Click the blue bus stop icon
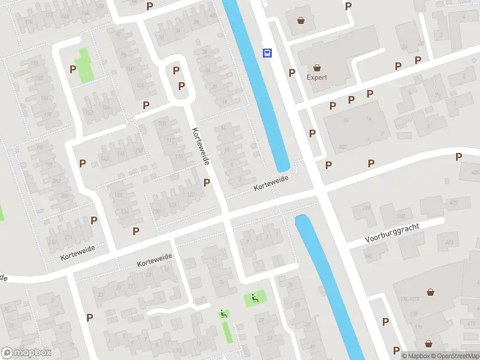point(267,53)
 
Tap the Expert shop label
point(317,77)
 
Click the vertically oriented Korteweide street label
point(200,146)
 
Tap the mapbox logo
point(26,353)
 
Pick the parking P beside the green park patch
point(73,69)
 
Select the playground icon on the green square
point(254,298)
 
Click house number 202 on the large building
point(343,146)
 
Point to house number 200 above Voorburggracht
point(401,216)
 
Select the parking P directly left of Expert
point(292,73)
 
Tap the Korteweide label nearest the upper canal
point(271,183)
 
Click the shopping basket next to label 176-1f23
point(430,292)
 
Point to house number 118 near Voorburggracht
point(365,209)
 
